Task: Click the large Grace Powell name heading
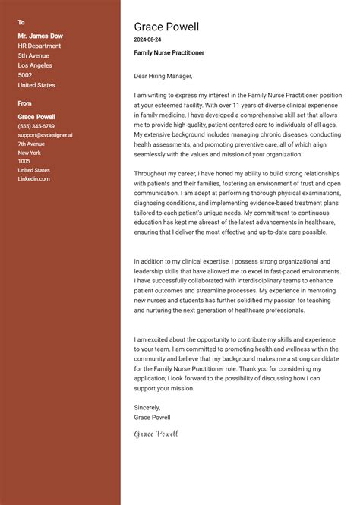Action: [x=166, y=27]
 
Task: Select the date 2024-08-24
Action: [x=147, y=39]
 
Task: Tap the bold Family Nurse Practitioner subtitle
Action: [x=169, y=53]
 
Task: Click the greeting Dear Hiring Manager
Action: [x=163, y=76]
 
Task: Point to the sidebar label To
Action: [x=21, y=22]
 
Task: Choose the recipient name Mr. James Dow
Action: [x=40, y=36]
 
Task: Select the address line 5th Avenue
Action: [x=33, y=55]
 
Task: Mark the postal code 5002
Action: [x=25, y=75]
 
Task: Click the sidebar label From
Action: [x=25, y=103]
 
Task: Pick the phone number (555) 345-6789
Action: [x=36, y=126]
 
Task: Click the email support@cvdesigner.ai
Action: [x=46, y=135]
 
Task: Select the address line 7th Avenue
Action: [x=31, y=144]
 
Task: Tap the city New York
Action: [x=29, y=153]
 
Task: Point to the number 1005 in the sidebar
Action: [x=24, y=162]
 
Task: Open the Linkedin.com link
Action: [x=34, y=179]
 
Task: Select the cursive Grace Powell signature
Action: [x=156, y=434]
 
